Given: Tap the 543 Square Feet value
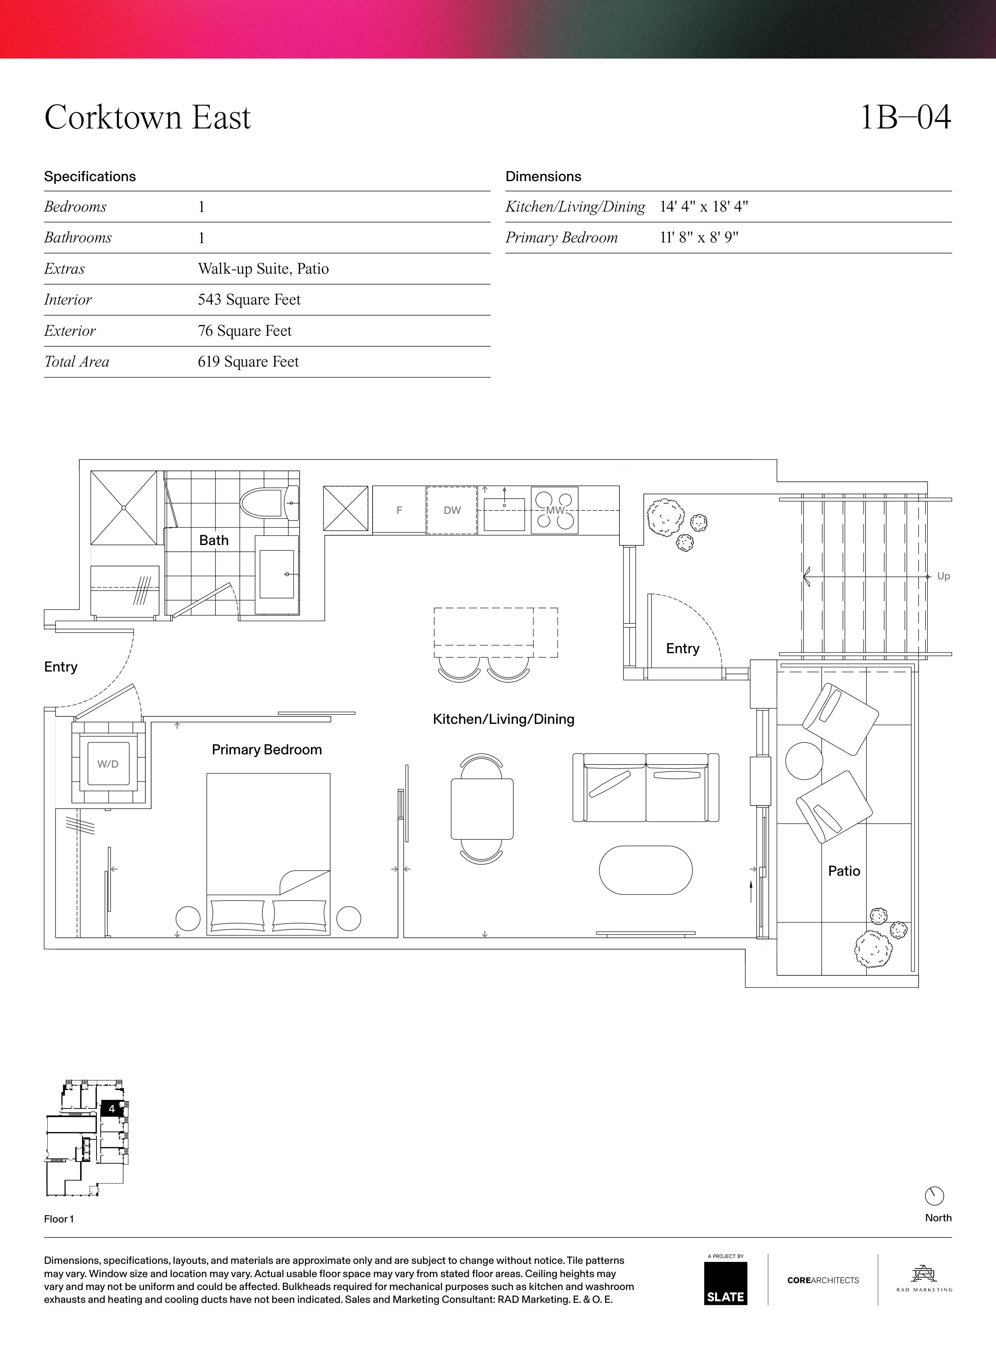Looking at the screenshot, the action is click(x=249, y=299).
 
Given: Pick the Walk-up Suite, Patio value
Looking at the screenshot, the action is click(x=264, y=269).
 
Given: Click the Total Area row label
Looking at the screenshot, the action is click(x=77, y=362).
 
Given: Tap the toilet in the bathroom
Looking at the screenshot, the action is click(x=269, y=503).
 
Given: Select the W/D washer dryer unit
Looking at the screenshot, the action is click(x=109, y=764).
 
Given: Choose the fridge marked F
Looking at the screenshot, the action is click(x=399, y=510).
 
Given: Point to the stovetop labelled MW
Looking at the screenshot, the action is click(x=555, y=510).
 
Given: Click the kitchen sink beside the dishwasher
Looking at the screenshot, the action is click(x=504, y=512).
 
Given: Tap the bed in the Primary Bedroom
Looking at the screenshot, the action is click(x=268, y=854).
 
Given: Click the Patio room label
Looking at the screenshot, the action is click(x=844, y=871).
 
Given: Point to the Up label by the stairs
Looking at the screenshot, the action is click(x=944, y=576).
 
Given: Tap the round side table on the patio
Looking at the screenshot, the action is click(x=804, y=761).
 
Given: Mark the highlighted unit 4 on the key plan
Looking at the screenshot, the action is click(x=112, y=1108).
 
